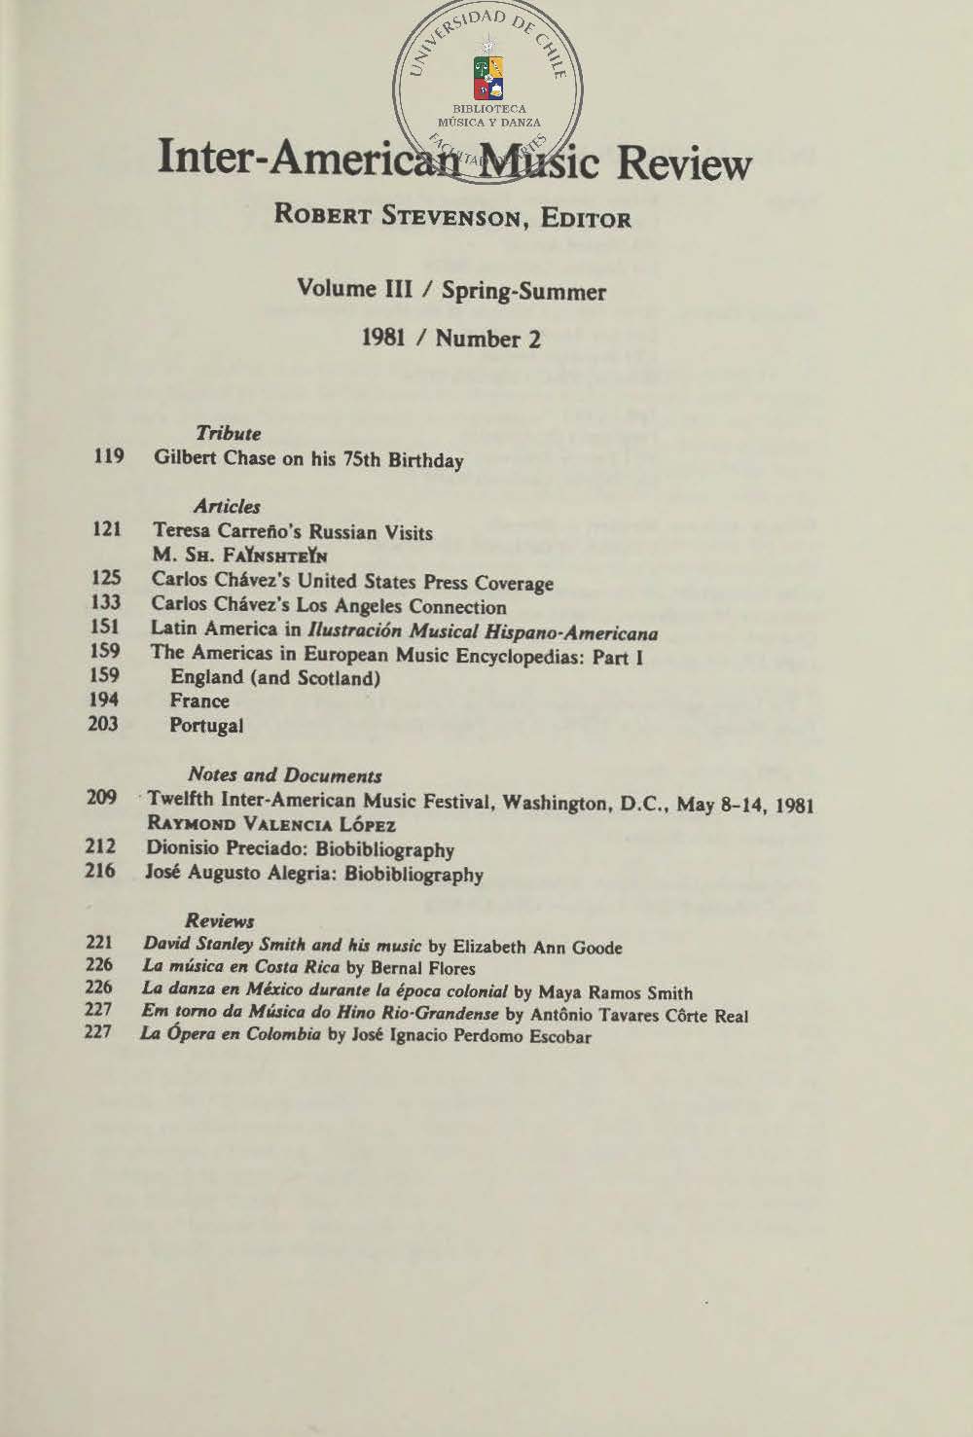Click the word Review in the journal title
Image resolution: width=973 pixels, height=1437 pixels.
[683, 163]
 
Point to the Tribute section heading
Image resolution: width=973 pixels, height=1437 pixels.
[228, 433]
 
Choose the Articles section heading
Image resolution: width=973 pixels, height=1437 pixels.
[227, 506]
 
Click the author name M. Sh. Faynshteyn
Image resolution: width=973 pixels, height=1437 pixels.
[238, 557]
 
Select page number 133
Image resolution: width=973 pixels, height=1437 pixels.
[105, 604]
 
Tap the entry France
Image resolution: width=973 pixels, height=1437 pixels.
[199, 701]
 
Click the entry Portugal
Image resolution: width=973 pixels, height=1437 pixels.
[206, 725]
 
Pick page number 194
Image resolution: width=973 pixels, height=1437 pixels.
[103, 699]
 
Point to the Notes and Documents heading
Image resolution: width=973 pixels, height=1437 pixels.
[284, 775]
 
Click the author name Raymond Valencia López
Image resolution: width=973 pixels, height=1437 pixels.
[270, 824]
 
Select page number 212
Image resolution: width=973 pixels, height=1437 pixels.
[100, 845]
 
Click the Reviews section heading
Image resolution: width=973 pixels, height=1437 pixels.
[219, 920]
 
